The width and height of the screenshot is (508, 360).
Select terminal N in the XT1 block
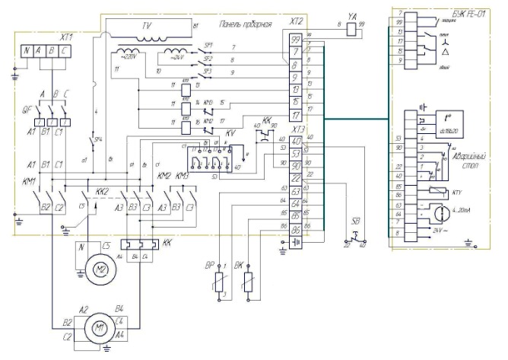[x=29, y=53]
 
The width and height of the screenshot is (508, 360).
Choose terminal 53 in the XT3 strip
[x=296, y=155]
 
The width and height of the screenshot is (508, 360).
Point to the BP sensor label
[x=209, y=266]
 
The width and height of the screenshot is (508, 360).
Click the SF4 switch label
[x=97, y=141]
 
